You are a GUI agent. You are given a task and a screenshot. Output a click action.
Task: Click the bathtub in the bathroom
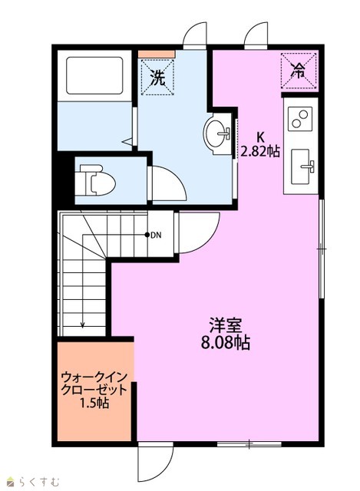[94, 75]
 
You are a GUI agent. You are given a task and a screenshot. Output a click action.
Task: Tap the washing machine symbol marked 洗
[157, 77]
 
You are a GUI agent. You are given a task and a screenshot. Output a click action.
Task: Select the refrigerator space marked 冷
[299, 71]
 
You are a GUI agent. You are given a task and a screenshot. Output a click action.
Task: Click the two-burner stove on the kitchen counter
[300, 119]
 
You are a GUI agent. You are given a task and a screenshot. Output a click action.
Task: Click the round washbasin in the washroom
[216, 133]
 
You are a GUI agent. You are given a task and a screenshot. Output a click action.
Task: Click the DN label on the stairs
[156, 236]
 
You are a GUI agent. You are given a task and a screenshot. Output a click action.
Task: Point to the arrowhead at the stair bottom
[82, 325]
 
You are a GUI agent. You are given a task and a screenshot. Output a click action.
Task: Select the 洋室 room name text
[226, 325]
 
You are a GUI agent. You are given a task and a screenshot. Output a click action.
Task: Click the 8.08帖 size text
[225, 343]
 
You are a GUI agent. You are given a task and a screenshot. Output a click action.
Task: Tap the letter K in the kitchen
[260, 137]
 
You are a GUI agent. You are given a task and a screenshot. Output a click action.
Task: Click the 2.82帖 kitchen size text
[259, 152]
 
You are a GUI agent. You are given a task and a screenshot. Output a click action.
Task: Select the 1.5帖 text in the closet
[94, 403]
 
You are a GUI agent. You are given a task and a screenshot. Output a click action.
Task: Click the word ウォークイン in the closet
[94, 377]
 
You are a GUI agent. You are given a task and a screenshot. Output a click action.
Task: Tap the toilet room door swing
[167, 183]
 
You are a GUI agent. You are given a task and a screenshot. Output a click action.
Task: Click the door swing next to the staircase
[198, 232]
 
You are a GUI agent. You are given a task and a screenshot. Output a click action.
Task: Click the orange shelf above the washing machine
[157, 54]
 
